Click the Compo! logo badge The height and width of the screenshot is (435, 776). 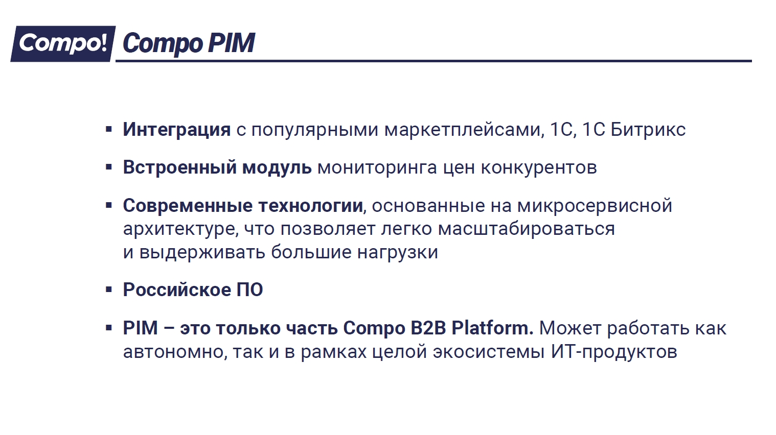[x=63, y=43]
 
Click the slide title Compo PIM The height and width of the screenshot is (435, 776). [x=189, y=43]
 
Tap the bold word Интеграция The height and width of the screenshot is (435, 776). [x=177, y=130]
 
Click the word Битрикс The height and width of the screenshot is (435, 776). [x=648, y=130]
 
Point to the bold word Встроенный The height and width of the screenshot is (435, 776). [x=180, y=167]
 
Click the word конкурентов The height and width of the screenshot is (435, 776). [x=539, y=168]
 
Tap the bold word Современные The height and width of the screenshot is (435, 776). [x=188, y=206]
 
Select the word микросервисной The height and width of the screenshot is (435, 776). [x=595, y=206]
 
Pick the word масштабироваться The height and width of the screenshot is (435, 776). [x=526, y=229]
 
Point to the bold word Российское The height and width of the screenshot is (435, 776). [x=177, y=290]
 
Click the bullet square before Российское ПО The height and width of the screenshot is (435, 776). [x=109, y=290]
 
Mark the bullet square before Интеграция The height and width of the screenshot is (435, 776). [x=109, y=130]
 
